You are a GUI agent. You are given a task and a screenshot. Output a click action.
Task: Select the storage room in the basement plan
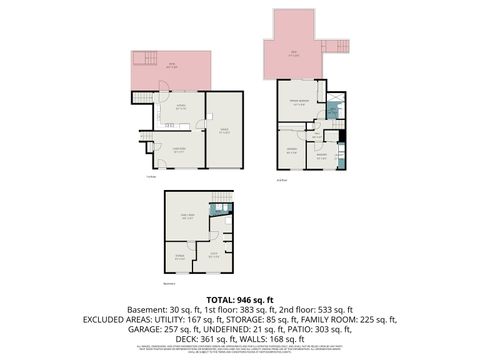(182, 257)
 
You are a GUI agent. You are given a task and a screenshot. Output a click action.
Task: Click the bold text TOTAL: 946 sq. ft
(240, 300)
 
